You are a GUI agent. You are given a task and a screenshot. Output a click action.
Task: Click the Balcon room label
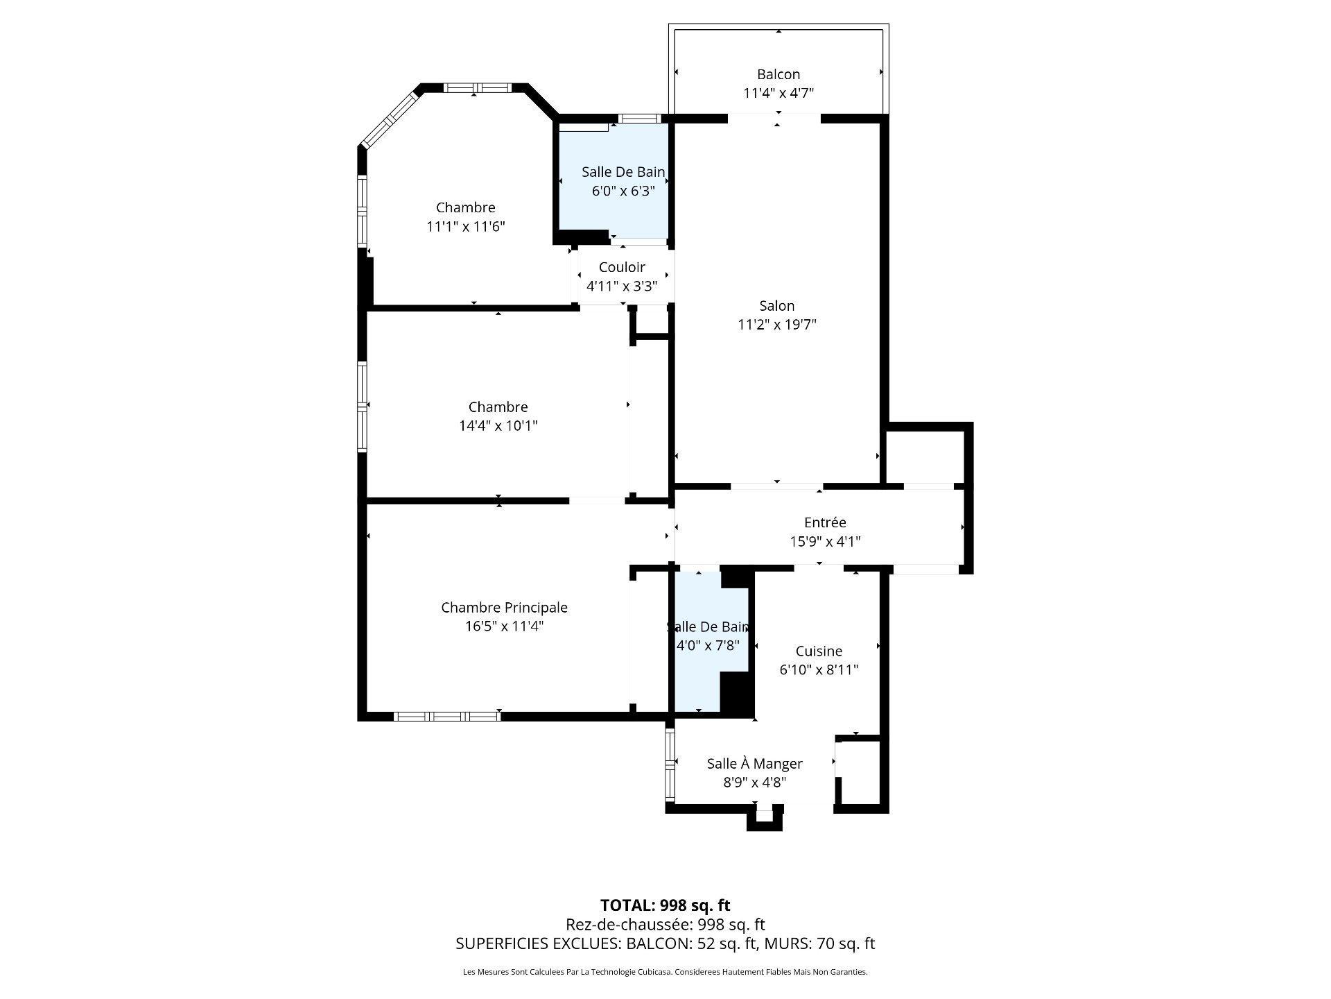point(778,74)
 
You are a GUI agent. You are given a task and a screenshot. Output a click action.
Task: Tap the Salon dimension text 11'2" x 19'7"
point(777,325)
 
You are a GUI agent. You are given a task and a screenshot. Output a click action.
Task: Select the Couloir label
point(622,267)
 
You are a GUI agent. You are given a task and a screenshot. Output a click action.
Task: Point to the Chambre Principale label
point(504,608)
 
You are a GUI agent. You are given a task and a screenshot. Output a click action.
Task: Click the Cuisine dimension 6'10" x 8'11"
point(819,670)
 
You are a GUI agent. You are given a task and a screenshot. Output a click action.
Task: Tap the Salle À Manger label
point(754,764)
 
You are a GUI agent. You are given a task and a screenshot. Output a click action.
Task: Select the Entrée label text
point(825,523)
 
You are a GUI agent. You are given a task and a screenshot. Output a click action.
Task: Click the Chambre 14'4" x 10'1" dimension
point(498,426)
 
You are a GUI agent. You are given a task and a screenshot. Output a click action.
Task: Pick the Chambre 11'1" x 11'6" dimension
point(466,227)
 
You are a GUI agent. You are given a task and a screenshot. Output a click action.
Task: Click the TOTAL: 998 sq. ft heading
point(665,905)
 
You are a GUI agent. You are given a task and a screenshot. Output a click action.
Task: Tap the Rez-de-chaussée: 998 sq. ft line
point(665,925)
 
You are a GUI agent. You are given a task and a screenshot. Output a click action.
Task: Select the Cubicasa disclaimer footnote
point(665,973)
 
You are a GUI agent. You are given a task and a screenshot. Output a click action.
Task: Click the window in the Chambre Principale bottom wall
point(447,716)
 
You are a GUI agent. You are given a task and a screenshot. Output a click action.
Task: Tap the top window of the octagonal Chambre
point(477,88)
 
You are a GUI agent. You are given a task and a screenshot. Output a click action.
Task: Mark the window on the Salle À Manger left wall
point(670,763)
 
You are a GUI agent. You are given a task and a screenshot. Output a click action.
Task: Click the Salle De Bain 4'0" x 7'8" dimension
point(708,646)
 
